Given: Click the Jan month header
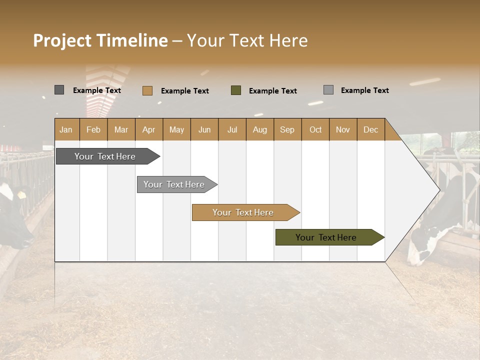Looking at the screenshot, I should [66, 129].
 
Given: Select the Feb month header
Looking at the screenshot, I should [93, 129].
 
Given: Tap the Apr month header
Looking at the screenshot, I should [149, 129].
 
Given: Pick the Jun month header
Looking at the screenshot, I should [204, 129].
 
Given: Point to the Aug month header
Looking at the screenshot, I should [260, 129].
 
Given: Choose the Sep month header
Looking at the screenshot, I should [287, 129].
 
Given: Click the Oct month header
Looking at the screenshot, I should [315, 129].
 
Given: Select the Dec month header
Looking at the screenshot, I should [371, 129].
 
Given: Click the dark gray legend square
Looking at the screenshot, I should [59, 90].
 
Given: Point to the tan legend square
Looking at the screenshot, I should [147, 90].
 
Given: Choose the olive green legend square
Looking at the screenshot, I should [236, 90].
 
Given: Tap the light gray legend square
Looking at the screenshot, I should [328, 90].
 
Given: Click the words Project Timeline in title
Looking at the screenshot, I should [100, 40].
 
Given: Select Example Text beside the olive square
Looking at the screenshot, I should [273, 90].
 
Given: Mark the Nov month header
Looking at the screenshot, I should [343, 129].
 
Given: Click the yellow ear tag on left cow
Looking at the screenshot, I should [21, 194].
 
